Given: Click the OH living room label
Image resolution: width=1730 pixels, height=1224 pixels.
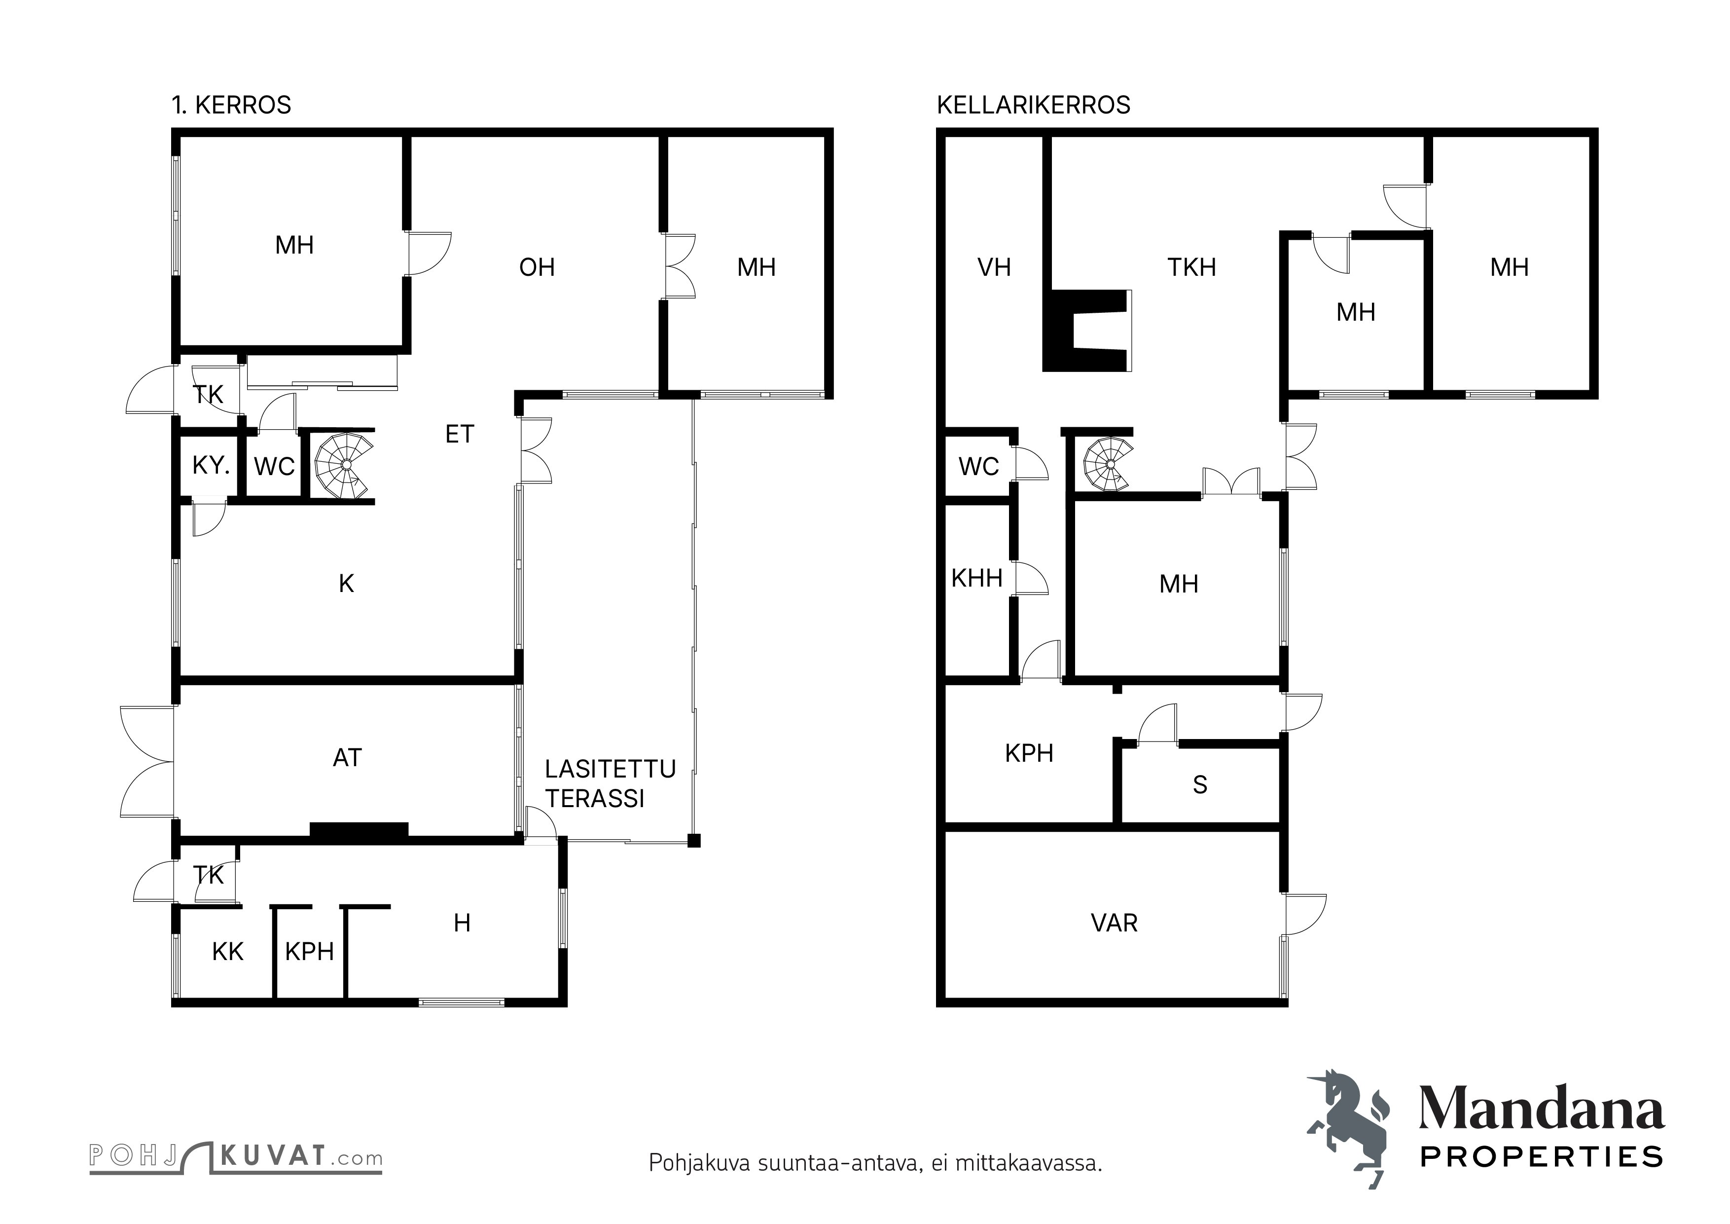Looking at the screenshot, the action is click(537, 267).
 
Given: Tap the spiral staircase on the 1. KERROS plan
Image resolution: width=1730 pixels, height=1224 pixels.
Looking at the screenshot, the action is click(344, 465).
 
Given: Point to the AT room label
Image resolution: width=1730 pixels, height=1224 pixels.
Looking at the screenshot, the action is click(347, 757).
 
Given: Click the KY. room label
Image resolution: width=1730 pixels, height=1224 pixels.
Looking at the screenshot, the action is click(211, 465).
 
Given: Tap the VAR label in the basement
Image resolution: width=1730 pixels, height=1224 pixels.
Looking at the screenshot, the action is click(1115, 923).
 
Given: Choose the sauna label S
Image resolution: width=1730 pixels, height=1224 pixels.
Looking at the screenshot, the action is click(1200, 784).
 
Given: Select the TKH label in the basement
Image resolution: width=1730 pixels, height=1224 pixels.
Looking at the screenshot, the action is click(1192, 267).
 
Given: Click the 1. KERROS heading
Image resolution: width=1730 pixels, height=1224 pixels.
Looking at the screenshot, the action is click(231, 105).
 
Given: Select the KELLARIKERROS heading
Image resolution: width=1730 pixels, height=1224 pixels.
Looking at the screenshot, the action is click(1033, 105).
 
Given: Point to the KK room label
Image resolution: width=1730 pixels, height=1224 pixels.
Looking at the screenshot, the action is click(227, 951).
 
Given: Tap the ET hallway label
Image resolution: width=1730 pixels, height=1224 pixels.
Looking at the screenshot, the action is click(460, 434).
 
